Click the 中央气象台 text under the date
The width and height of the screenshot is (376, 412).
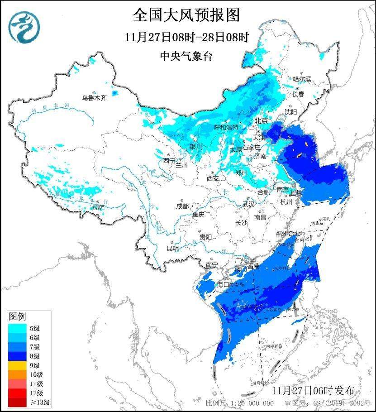pyautogui.click(x=186, y=56)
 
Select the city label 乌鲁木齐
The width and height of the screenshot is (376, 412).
pyautogui.click(x=94, y=98)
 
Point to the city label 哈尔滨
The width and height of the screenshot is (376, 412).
pyautogui.click(x=302, y=79)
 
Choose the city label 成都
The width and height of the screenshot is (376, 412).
pyautogui.click(x=182, y=206)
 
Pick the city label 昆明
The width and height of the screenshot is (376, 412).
pyautogui.click(x=172, y=248)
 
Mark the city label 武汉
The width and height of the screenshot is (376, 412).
pyautogui.click(x=248, y=204)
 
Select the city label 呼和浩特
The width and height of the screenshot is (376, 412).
pyautogui.click(x=225, y=128)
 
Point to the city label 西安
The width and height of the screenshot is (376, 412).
pyautogui.click(x=213, y=178)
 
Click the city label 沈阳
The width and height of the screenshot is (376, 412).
pyautogui.click(x=291, y=111)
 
